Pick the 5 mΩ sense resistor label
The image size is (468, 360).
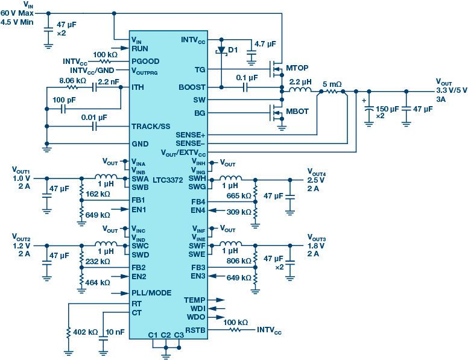point(332,84)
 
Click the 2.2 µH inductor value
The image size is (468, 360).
point(301,81)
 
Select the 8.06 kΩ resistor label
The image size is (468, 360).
point(72,80)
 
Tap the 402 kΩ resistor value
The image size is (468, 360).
point(84,332)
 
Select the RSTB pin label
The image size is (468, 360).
point(195,330)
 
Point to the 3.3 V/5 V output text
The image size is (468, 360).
point(451,90)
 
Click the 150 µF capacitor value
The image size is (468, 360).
point(386,110)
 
